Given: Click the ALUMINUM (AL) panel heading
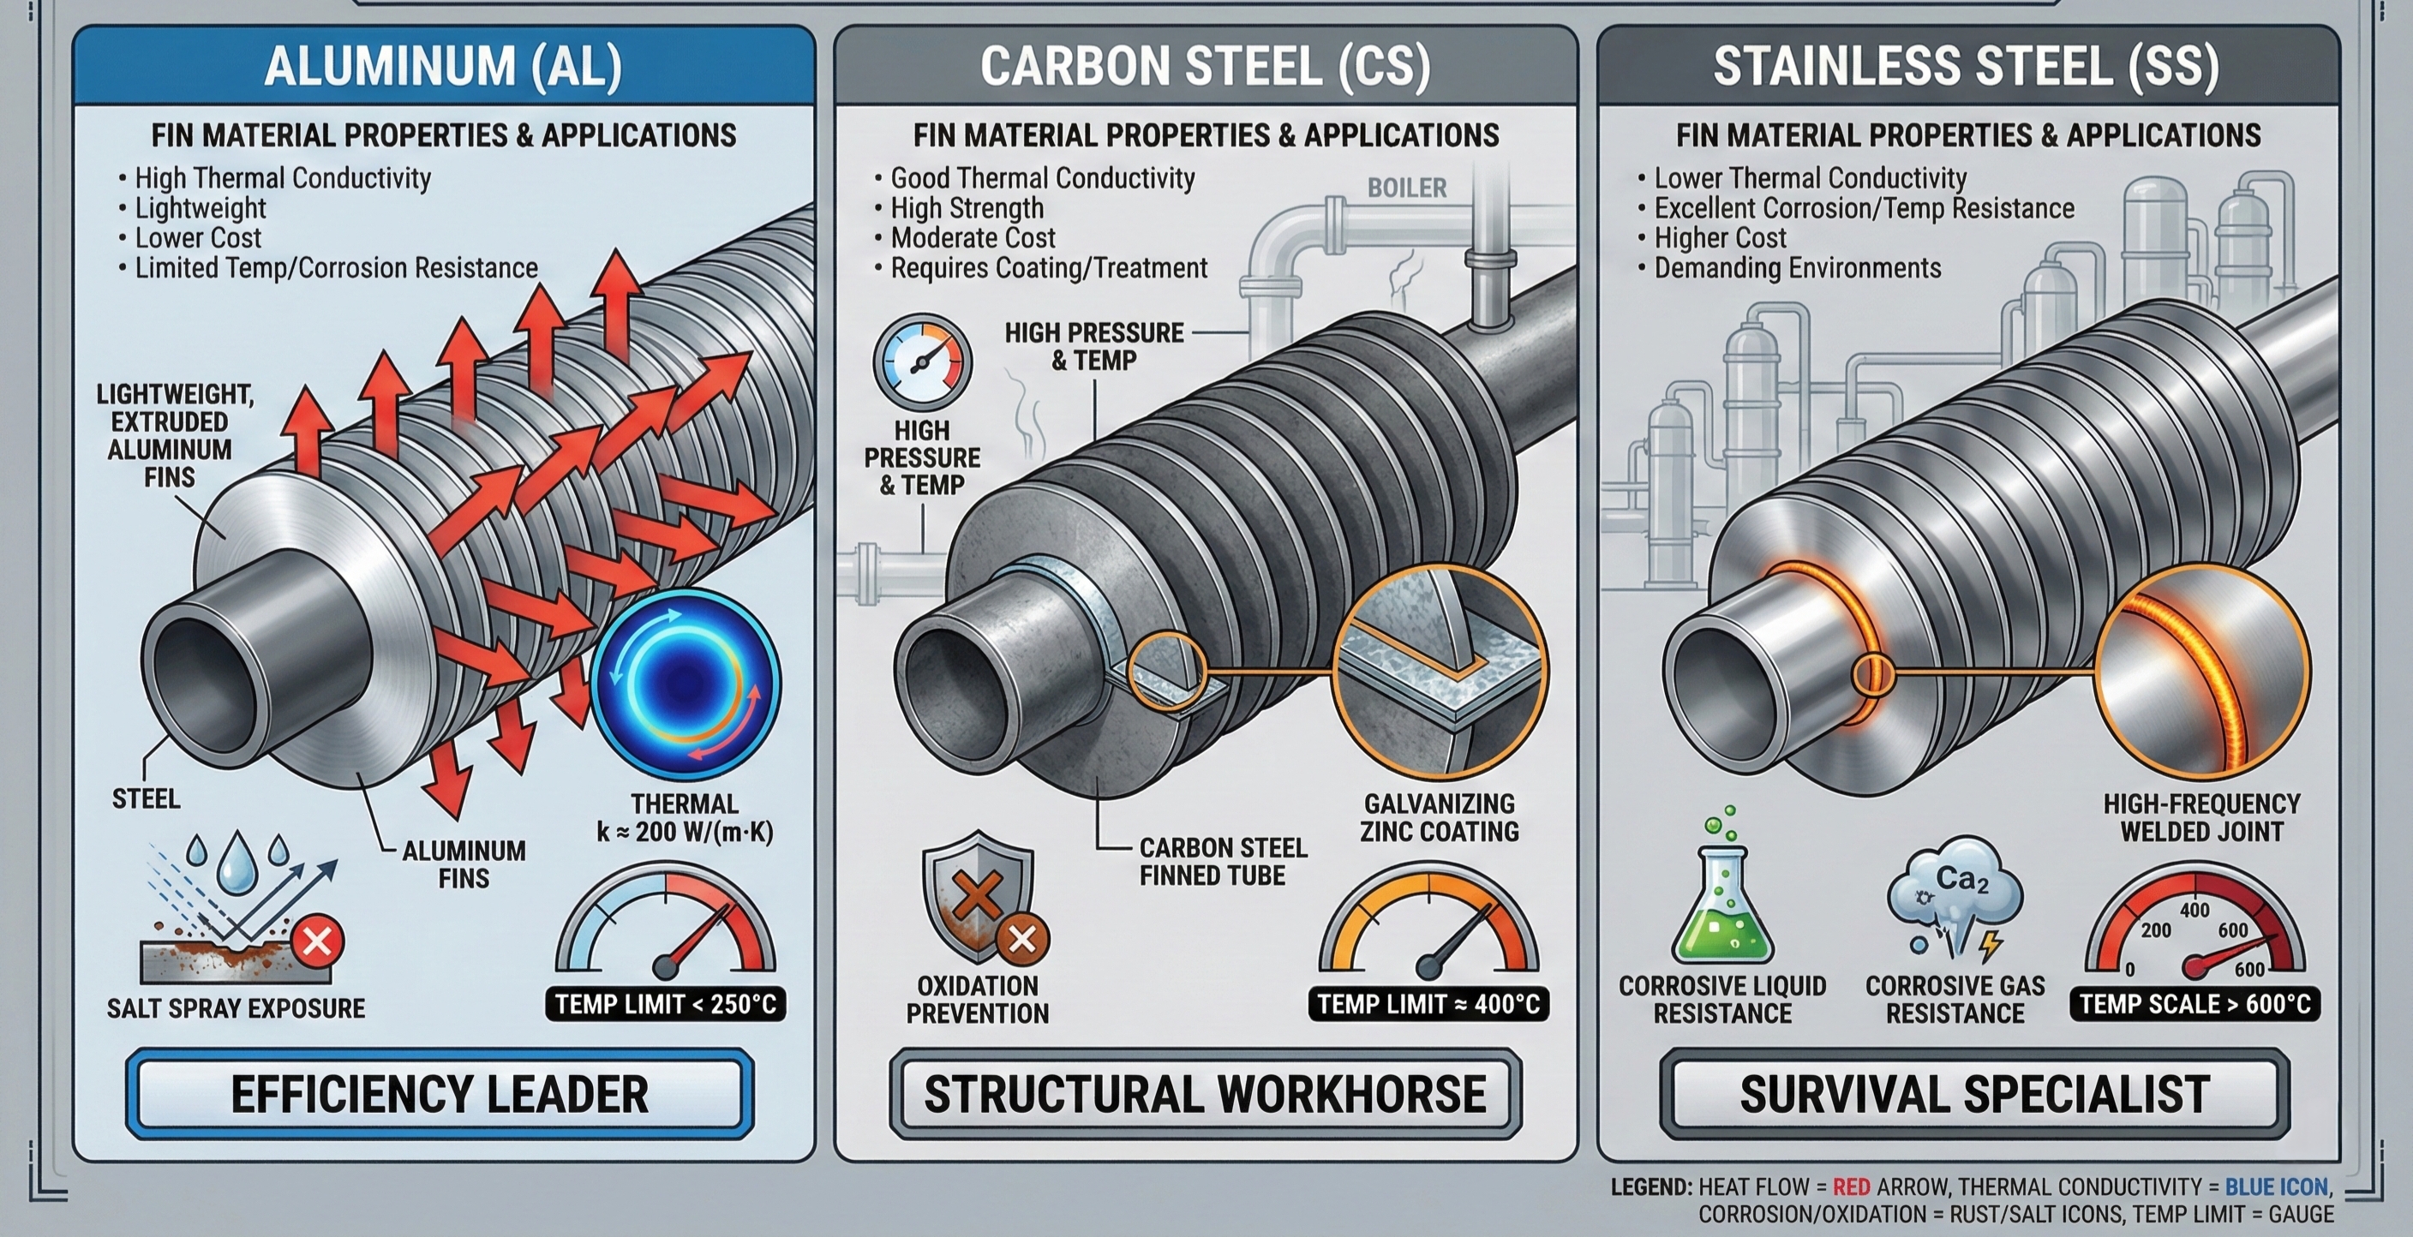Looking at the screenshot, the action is pos(443,66).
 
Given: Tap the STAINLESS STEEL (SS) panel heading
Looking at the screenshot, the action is pos(1967,66).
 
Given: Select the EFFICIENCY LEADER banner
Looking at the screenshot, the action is pos(440,1094).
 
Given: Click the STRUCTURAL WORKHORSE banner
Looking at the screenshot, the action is pos(1205,1094).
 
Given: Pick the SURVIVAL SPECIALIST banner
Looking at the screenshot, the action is pos(1974,1094).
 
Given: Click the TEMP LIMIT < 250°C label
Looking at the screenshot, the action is pos(666,1005).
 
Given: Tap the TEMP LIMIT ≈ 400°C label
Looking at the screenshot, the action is pos(1428,1005).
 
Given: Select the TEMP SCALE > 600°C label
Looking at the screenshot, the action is pos(2194,1005).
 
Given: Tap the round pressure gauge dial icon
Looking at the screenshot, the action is pos(922,362).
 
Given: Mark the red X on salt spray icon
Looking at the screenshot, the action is pos(316,941).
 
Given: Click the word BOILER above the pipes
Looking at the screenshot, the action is pos(1407,188).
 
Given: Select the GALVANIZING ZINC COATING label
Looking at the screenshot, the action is pos(1440,817).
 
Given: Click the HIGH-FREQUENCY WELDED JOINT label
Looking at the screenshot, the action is pos(2201,817).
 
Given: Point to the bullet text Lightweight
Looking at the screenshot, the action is pos(201,208).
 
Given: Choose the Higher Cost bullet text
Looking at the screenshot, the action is pos(1720,238).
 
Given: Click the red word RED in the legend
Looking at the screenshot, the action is pos(1852,1186).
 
